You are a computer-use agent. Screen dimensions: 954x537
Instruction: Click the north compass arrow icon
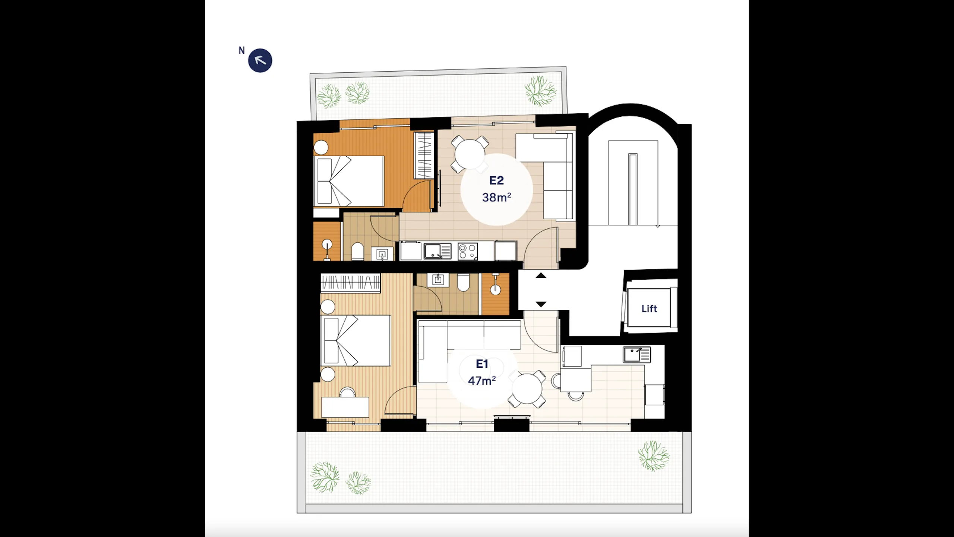point(260,60)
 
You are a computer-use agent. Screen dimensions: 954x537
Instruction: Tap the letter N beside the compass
point(242,50)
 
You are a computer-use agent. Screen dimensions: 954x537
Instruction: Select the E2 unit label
point(496,180)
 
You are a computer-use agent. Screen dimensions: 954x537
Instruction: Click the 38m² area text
point(496,197)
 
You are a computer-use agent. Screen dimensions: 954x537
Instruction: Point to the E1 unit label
point(482,364)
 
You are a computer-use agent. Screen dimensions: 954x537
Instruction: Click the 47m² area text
point(482,380)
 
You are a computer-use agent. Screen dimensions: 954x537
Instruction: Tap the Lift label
point(649,308)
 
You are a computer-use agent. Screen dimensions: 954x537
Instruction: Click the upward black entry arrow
point(541,276)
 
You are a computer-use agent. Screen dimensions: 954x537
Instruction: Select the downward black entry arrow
point(541,304)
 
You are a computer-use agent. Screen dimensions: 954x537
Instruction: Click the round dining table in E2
point(469,154)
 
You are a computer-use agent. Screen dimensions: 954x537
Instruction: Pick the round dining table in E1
point(527,389)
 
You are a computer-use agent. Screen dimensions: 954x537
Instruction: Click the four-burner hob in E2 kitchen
point(468,251)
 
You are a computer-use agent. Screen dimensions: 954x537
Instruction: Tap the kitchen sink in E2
point(437,251)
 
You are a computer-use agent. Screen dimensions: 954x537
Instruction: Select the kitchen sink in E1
point(637,355)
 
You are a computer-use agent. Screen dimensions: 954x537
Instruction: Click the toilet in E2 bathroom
point(357,252)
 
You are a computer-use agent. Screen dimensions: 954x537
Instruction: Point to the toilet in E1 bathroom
point(463,282)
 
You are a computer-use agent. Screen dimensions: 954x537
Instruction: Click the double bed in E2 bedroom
point(349,181)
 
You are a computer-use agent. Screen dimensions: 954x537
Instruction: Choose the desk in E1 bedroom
point(345,407)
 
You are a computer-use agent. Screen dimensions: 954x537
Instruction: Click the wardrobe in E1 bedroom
point(350,282)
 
